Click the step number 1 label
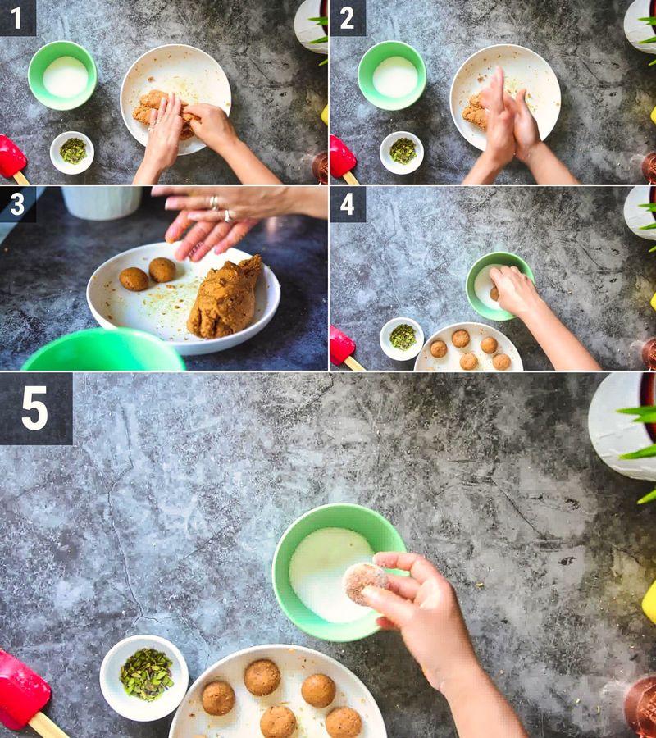16,18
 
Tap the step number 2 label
347,18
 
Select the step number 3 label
17,204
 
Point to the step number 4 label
347,204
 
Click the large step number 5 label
34,408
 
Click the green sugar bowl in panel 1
62,75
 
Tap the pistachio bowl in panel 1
72,153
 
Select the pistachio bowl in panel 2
402,153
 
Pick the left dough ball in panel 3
134,279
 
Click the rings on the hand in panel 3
221,209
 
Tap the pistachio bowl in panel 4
402,339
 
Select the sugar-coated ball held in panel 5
364,583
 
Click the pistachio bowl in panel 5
144,678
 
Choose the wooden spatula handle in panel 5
47,726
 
